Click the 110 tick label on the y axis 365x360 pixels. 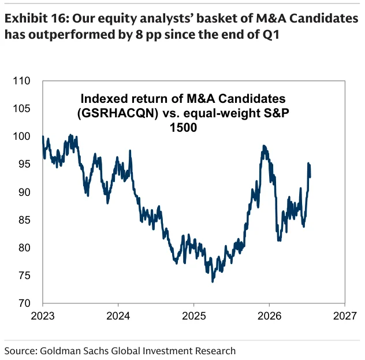click(x=21, y=81)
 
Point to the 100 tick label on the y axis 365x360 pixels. click(x=21, y=136)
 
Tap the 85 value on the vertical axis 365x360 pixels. click(x=24, y=220)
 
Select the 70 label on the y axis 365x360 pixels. click(x=24, y=303)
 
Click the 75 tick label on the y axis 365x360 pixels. click(x=24, y=276)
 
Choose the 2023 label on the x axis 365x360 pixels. click(x=43, y=316)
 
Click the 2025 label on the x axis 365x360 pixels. click(x=193, y=316)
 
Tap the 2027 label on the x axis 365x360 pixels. click(x=345, y=316)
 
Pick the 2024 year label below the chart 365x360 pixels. click(x=118, y=316)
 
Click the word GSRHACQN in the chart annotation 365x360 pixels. click(x=118, y=113)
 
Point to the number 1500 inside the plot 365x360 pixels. click(x=183, y=128)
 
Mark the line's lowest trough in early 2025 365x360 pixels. click(x=213, y=281)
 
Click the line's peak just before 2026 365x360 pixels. click(x=263, y=146)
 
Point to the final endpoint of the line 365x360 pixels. click(x=310, y=177)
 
